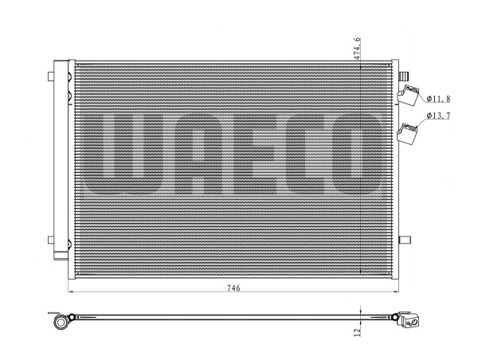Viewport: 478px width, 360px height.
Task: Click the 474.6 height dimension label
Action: pos(357,49)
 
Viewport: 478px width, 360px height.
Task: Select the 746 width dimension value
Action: pos(233,288)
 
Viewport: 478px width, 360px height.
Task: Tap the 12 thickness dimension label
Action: pos(357,331)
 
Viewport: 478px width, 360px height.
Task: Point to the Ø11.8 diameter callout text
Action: pos(438,99)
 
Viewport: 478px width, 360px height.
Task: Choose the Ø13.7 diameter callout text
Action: pos(438,115)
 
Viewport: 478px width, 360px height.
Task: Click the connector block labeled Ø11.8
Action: pos(408,95)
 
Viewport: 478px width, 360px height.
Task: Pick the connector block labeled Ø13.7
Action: pos(407,134)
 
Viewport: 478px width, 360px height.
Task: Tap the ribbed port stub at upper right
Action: pos(404,76)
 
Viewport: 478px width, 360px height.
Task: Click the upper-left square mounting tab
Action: pos(51,76)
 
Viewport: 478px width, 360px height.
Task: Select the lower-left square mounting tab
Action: pos(51,240)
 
